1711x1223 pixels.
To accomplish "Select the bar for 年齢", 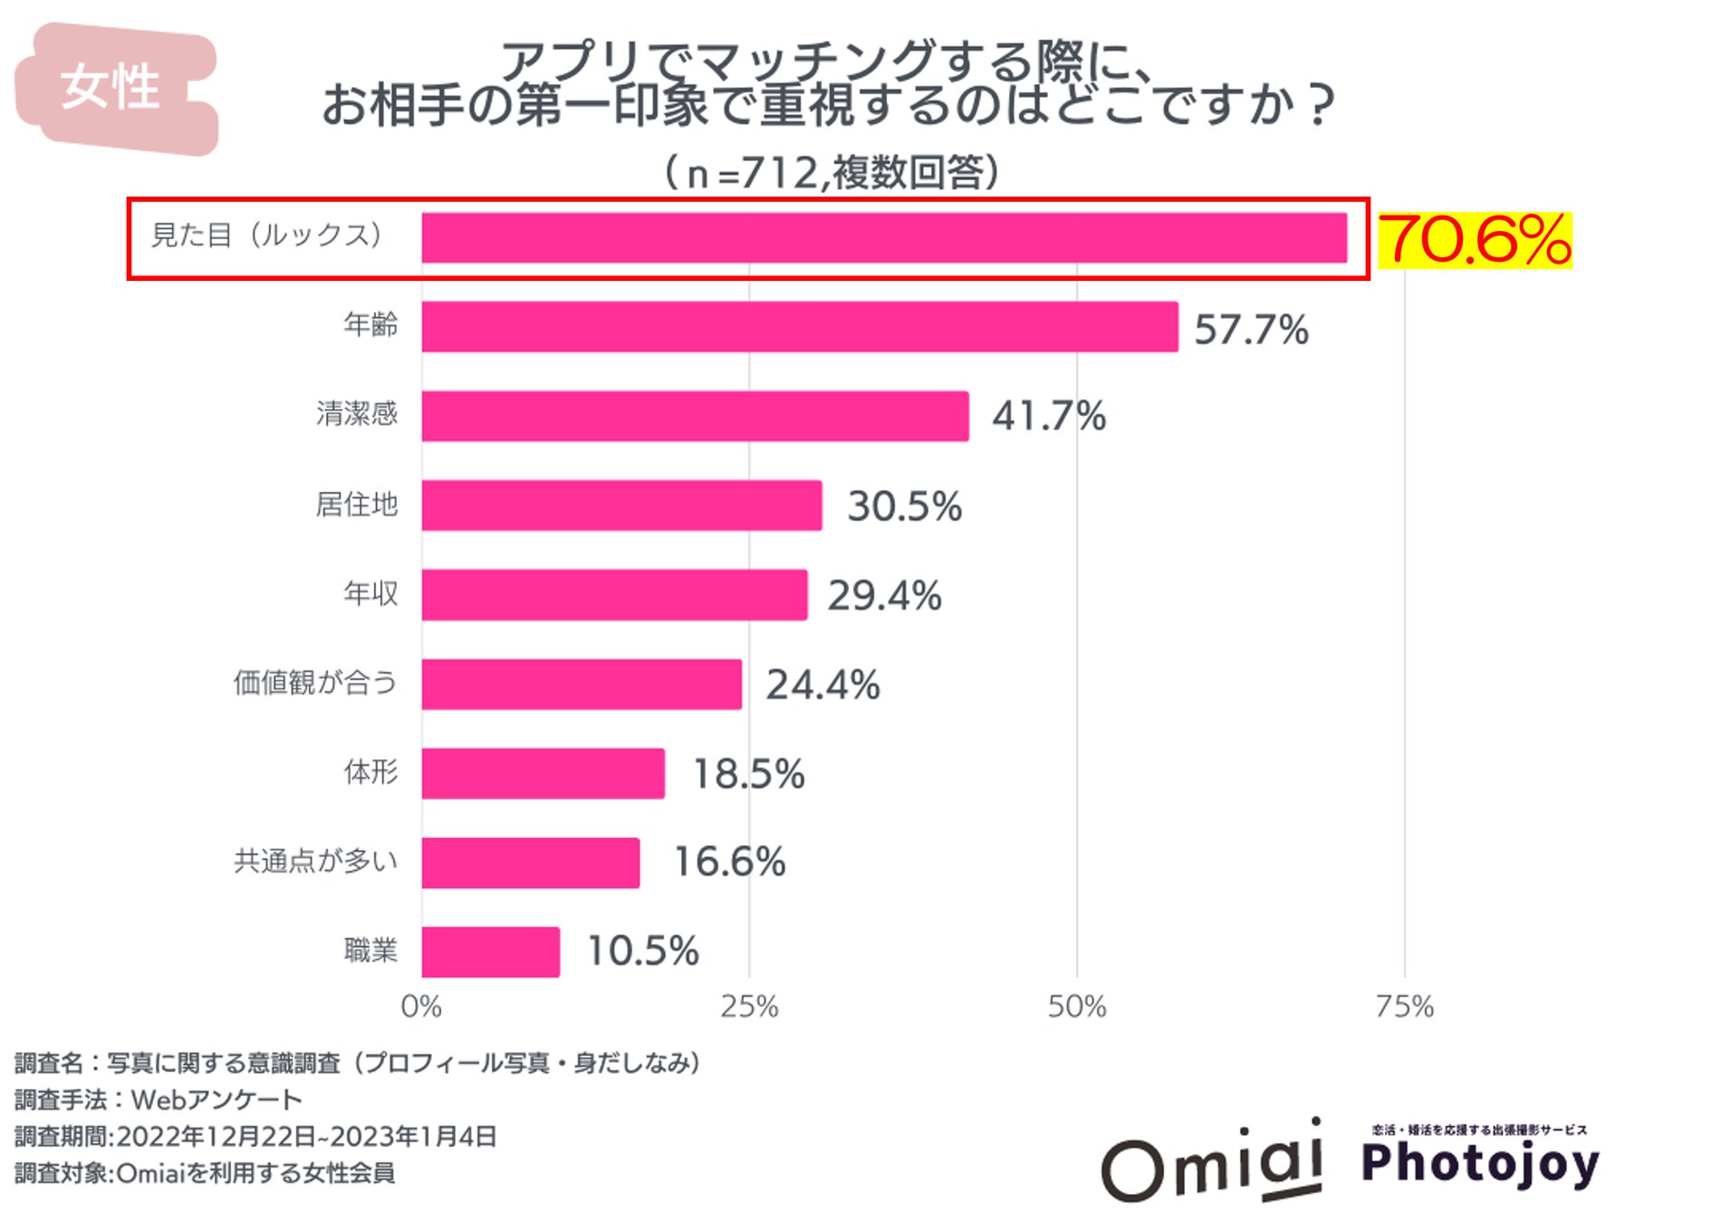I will point(799,327).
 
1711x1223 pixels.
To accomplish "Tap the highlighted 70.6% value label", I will point(1475,240).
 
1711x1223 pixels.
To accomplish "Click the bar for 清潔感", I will point(695,416).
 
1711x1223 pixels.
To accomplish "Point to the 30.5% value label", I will point(904,506).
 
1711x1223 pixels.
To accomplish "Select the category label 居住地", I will point(356,505).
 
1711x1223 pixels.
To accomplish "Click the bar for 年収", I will point(614,594).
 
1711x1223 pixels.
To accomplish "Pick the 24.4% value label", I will point(822,684).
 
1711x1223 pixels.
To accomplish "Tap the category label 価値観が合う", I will point(314,682).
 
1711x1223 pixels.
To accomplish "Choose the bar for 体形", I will point(543,773).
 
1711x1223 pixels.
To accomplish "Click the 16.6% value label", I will point(729,862).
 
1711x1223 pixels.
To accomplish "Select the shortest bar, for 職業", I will point(490,951).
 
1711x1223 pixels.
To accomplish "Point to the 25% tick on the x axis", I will point(749,1006).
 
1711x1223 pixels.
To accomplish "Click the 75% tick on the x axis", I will point(1404,1006).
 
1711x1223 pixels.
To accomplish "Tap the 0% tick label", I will point(421,1006).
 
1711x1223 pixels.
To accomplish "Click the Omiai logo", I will point(1211,1162).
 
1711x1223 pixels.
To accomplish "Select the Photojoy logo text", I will point(1480,1163).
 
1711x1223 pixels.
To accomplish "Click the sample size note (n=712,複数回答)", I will point(831,172).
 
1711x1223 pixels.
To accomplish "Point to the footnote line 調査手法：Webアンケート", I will point(158,1099).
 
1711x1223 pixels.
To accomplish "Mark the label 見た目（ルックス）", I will point(267,236).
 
